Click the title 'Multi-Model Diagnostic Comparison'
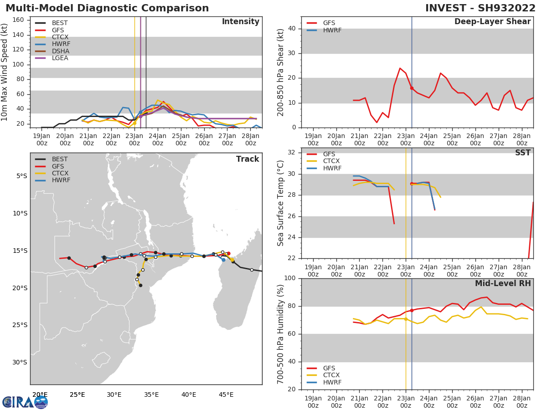[107, 8]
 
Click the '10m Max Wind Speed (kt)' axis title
[5, 72]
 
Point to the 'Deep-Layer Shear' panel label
[492, 22]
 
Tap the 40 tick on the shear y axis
[292, 29]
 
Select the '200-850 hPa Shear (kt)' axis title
[281, 72]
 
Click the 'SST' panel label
[522, 153]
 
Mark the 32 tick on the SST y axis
[292, 153]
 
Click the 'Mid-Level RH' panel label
[502, 283]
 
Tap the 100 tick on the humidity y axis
[290, 278]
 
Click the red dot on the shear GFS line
[412, 88]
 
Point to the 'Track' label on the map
[247, 159]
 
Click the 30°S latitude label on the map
[20, 362]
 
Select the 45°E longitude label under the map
[226, 395]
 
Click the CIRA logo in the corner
[25, 402]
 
